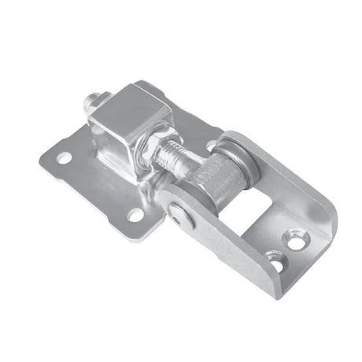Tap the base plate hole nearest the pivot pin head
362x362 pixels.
[136, 216]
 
